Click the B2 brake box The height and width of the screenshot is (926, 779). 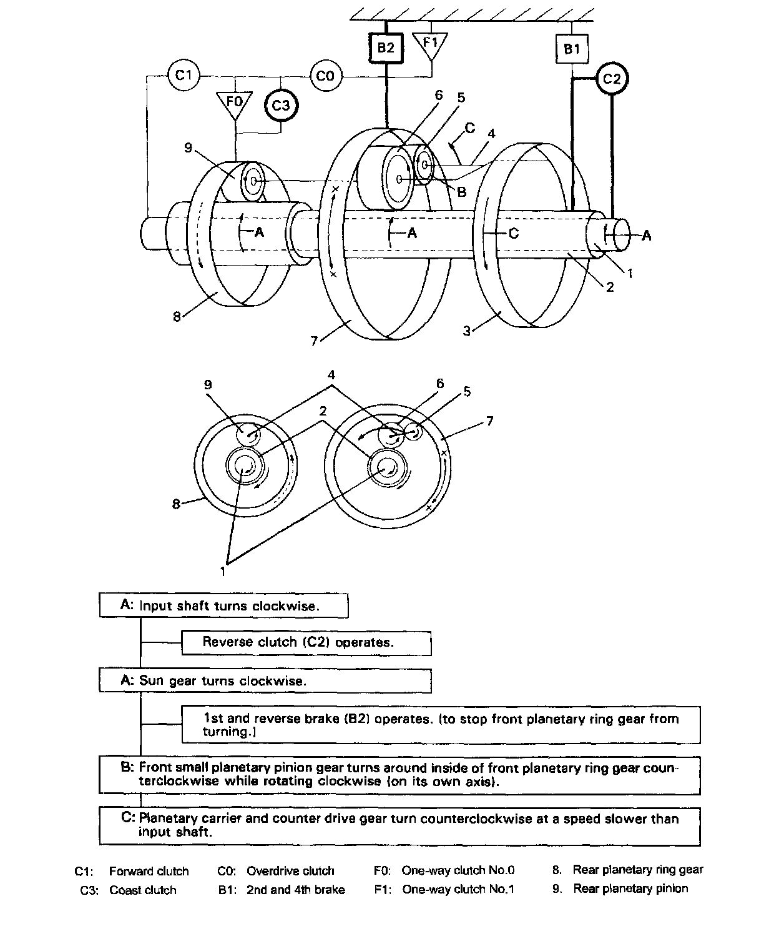pos(386,47)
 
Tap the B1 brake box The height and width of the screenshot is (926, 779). pos(572,48)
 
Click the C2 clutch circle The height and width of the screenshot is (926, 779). pos(612,79)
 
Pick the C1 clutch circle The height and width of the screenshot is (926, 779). pos(184,76)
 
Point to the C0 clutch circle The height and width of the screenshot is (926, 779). pos(325,76)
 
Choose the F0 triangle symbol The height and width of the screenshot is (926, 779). pos(234,104)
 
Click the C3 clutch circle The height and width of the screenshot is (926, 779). pos(281,105)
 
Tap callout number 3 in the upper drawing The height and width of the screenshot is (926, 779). pos(466,331)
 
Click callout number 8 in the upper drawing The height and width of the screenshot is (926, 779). pos(177,316)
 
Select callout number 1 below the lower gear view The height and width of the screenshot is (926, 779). pos(222,570)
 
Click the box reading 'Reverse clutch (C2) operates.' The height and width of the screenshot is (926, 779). pos(306,642)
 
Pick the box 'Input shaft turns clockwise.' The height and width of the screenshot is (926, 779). pos(223,605)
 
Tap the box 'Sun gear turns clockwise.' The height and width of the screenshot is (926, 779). pos(265,680)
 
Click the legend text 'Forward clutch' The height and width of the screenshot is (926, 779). pos(149,871)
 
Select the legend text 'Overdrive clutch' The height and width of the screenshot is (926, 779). pos(290,871)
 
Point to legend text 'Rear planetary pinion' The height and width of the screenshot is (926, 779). pos(630,889)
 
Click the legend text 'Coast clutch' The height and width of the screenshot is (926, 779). pos(143,890)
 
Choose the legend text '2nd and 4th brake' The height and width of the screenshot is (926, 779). pos(295,890)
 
